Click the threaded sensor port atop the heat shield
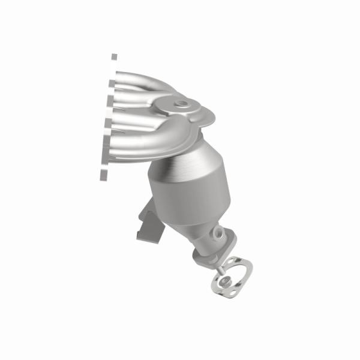[180, 105]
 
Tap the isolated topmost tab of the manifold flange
[114, 57]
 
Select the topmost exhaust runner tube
[141, 79]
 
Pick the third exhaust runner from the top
[135, 120]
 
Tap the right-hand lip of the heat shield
[207, 120]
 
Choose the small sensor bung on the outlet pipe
[218, 233]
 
